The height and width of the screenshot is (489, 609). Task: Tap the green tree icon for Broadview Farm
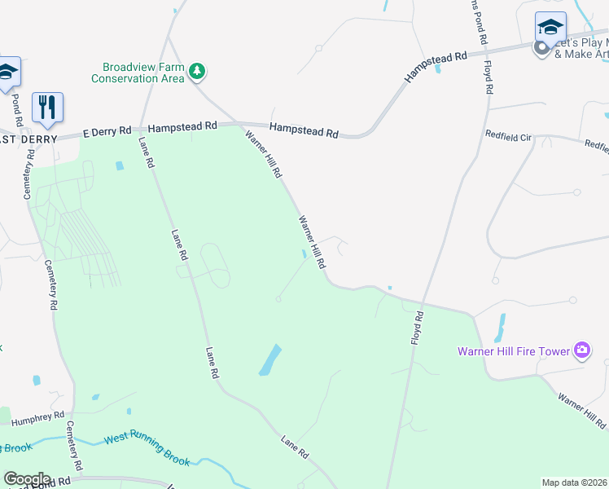tap(196, 73)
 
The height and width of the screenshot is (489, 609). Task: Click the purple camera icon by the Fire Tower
tap(581, 351)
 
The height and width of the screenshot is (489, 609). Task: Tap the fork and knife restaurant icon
tap(47, 106)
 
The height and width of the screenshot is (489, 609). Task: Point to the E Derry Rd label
tap(107, 130)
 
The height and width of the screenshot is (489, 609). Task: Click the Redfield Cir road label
tap(507, 136)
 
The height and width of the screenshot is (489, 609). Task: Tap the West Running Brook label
tap(147, 451)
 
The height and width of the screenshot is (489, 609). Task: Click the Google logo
tap(26, 479)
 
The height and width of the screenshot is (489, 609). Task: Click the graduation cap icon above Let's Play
tap(550, 27)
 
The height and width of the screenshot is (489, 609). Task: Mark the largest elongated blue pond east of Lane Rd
tap(270, 359)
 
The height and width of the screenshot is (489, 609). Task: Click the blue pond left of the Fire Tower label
tap(499, 328)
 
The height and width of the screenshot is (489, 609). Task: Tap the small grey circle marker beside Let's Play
tap(541, 48)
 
